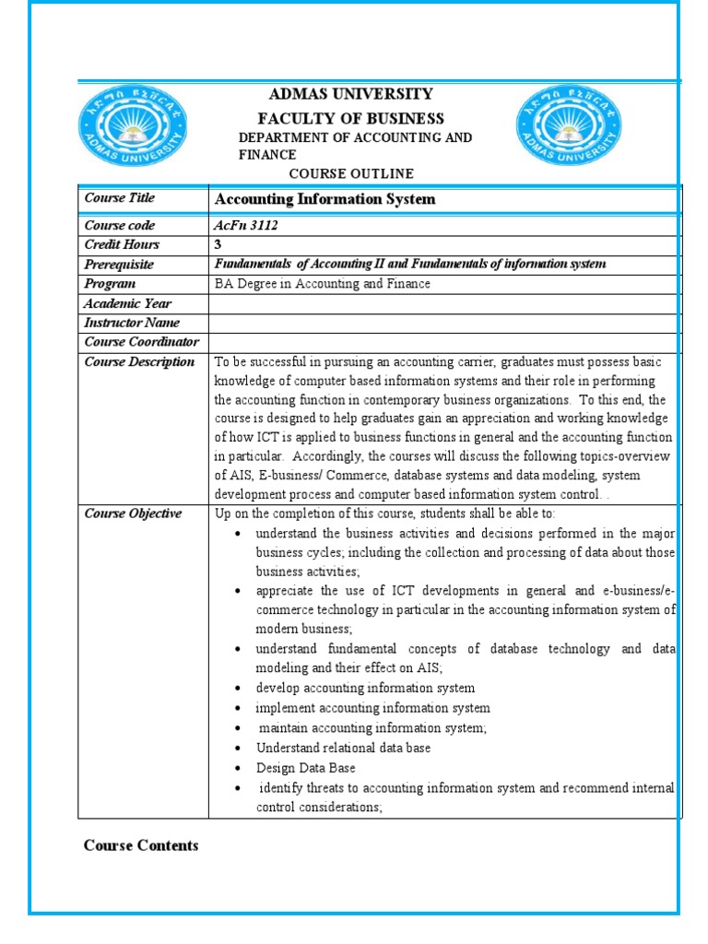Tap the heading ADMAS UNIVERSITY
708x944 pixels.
pyautogui.click(x=349, y=94)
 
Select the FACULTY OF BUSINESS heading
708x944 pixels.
pyautogui.click(x=350, y=119)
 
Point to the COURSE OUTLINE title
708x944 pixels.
pyautogui.click(x=351, y=174)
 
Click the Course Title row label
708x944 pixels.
pyautogui.click(x=120, y=198)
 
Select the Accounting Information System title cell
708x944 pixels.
pyautogui.click(x=324, y=199)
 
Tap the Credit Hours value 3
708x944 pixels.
pyautogui.click(x=218, y=245)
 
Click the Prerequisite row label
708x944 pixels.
pyautogui.click(x=119, y=265)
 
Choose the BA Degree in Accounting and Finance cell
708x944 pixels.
pyautogui.click(x=322, y=284)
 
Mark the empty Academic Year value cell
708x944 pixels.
pyautogui.click(x=444, y=303)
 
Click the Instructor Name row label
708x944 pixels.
pyautogui.click(x=132, y=323)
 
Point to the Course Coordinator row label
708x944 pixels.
pyautogui.click(x=142, y=342)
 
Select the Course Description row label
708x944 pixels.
pyautogui.click(x=139, y=362)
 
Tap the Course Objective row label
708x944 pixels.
pyautogui.click(x=133, y=513)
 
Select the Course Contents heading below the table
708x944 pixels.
pyautogui.click(x=141, y=845)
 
